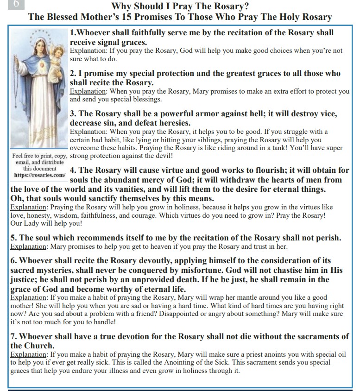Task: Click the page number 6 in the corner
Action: pyautogui.click(x=16, y=4)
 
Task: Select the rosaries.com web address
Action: pyautogui.click(x=39, y=175)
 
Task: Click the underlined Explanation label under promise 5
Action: pyautogui.click(x=29, y=246)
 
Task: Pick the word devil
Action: pyautogui.click(x=160, y=157)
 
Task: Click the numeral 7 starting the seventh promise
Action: pyautogui.click(x=13, y=336)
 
